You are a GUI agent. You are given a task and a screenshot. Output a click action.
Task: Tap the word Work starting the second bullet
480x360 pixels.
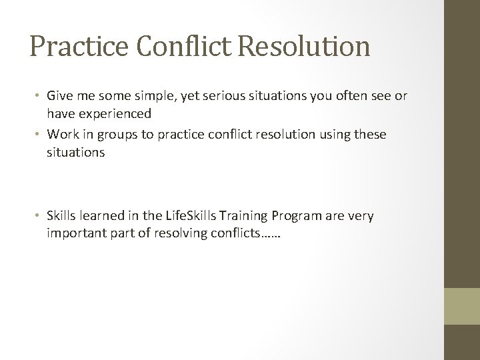pos(63,135)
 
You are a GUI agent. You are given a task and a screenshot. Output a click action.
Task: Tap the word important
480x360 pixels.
pos(73,233)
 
